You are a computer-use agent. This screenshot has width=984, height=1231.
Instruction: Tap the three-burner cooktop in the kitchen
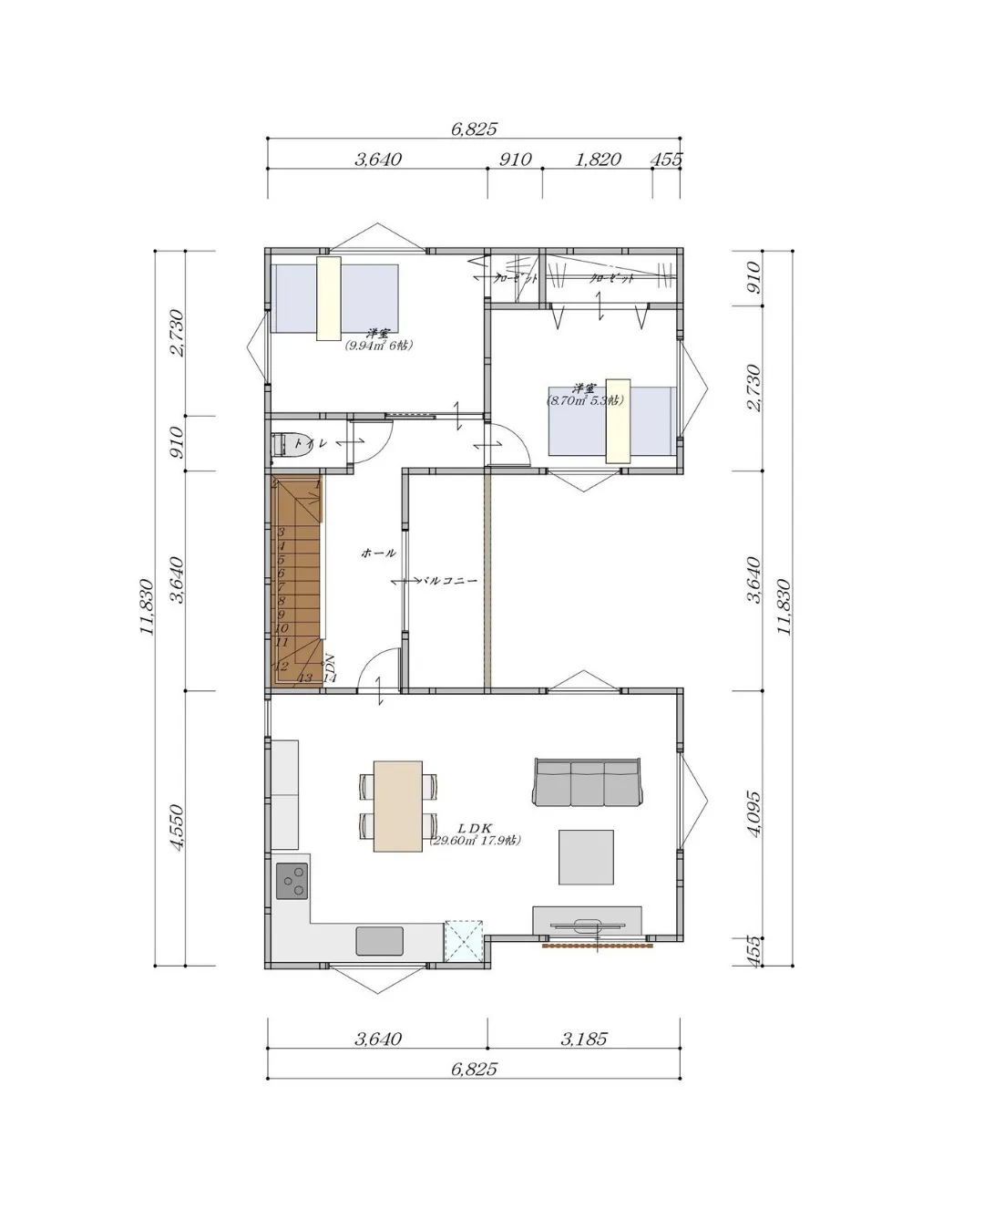(x=292, y=881)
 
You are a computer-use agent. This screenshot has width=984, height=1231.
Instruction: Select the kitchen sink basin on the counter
(x=379, y=939)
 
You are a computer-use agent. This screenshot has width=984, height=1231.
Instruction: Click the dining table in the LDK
(x=398, y=806)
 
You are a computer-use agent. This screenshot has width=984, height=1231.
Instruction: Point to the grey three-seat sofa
(x=587, y=782)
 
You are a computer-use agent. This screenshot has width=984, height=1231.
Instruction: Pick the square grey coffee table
(x=586, y=856)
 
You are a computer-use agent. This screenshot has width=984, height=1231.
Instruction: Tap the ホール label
(x=378, y=553)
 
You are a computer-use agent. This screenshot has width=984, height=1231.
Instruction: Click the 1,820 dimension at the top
(x=598, y=160)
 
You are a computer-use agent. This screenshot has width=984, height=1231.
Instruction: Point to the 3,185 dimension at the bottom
(x=583, y=1039)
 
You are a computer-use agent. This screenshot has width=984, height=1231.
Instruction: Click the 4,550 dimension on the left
(x=177, y=827)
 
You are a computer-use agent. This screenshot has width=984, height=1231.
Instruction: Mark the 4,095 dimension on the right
(x=753, y=813)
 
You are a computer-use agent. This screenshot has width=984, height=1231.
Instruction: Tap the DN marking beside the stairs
(x=330, y=663)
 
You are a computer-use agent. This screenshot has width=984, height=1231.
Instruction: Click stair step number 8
(x=282, y=601)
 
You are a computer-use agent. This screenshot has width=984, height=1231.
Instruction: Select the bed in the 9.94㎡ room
(x=334, y=298)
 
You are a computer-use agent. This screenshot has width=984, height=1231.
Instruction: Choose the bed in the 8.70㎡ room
(x=612, y=420)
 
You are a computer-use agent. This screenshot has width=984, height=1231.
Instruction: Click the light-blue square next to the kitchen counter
(x=463, y=940)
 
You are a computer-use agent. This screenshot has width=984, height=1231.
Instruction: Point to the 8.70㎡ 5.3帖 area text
(x=585, y=399)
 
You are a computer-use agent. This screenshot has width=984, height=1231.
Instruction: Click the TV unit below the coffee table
(x=587, y=921)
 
